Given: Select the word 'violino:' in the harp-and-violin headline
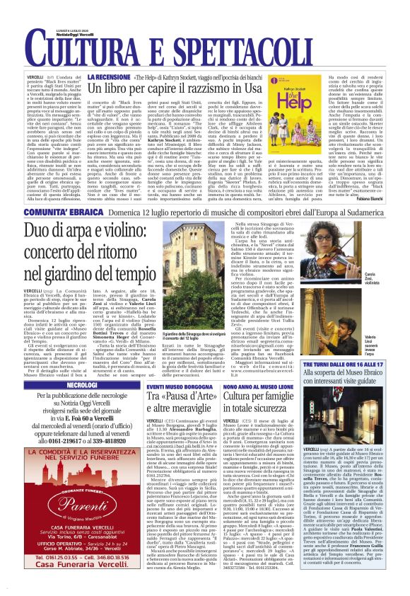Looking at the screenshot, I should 127,232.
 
